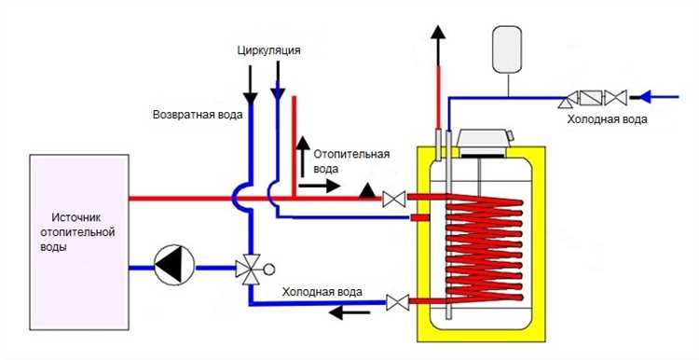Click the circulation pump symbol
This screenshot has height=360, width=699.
click(174, 267)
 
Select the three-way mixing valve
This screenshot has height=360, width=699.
click(250, 269)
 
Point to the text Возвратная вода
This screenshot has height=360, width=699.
click(198, 115)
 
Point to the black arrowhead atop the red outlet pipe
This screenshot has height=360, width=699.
click(436, 35)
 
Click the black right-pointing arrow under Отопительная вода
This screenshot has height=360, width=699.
click(326, 186)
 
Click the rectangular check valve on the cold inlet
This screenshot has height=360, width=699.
click(590, 96)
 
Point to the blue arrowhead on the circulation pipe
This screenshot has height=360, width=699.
click(277, 92)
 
